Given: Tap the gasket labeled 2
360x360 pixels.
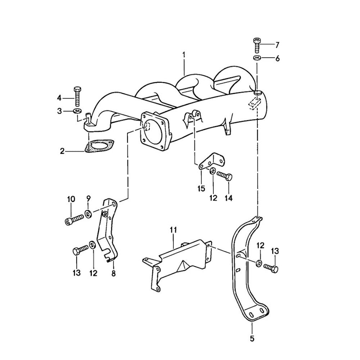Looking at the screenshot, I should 99,147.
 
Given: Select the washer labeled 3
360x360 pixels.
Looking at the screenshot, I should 77,111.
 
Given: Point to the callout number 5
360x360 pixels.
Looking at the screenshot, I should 252,338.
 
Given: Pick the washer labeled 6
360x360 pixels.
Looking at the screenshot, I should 257,58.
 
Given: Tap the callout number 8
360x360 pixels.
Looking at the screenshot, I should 114,273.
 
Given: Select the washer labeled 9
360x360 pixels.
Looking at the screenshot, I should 88,213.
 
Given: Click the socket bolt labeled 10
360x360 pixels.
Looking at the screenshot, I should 74,219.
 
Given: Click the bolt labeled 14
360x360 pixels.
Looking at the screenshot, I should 225,176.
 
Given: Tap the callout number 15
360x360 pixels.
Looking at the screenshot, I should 201,188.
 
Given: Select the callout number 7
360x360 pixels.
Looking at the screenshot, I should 277,45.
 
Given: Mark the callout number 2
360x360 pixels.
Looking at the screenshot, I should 62,151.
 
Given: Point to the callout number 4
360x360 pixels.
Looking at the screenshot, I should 59,98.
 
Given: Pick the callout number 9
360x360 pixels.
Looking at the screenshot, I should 88,198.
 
